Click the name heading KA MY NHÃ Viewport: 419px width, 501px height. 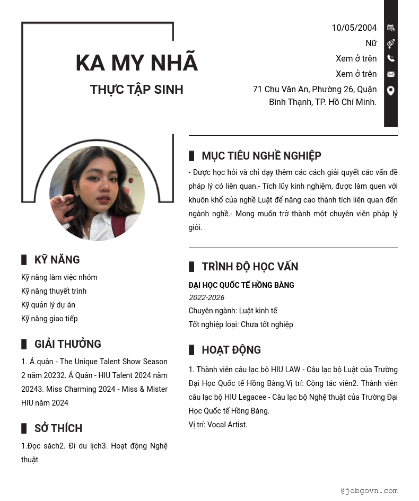[x=136, y=63]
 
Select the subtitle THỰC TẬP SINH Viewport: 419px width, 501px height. [x=136, y=90]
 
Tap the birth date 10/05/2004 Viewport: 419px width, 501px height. [x=354, y=28]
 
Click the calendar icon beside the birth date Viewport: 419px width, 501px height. [x=391, y=28]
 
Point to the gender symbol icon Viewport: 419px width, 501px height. [x=391, y=43]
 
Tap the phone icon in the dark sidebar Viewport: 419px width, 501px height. [x=391, y=58]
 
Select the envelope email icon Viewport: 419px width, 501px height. [x=391, y=74]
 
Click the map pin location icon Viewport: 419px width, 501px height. [x=391, y=91]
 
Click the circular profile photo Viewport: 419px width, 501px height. [x=97, y=194]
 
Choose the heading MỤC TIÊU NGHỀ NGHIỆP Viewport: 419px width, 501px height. [x=261, y=156]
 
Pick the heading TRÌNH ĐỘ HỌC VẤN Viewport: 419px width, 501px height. [x=250, y=267]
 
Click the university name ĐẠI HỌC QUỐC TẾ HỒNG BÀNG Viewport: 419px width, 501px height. [x=241, y=285]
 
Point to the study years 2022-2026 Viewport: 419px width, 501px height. [x=206, y=298]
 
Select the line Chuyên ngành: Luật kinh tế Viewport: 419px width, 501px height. [x=233, y=311]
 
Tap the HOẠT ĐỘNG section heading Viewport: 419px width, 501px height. [x=231, y=350]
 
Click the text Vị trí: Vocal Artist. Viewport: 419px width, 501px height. [x=218, y=425]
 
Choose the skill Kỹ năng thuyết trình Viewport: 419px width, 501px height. [x=54, y=291]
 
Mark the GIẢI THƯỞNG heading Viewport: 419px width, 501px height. [x=67, y=344]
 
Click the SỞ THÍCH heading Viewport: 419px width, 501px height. [x=58, y=428]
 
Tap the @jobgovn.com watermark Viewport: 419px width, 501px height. [x=369, y=491]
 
